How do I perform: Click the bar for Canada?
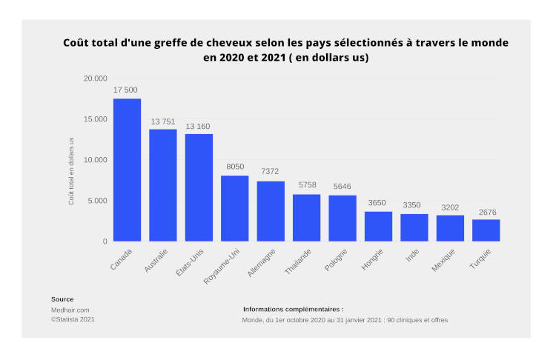[x=127, y=170]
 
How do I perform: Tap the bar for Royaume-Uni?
[x=234, y=208]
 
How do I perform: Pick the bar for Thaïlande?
[x=306, y=217]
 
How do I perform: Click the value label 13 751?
[x=163, y=121]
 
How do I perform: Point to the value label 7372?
[x=271, y=173]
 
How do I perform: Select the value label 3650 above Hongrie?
[x=378, y=203]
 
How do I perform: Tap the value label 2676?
[x=486, y=212]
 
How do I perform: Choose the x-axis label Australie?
[x=157, y=261]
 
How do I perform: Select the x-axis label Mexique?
[x=444, y=261]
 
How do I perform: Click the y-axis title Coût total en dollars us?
[x=72, y=171]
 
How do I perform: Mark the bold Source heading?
[x=62, y=299]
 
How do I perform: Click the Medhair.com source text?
[x=70, y=310]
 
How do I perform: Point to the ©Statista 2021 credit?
[x=73, y=319]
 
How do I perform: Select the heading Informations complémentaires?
[x=293, y=309]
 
